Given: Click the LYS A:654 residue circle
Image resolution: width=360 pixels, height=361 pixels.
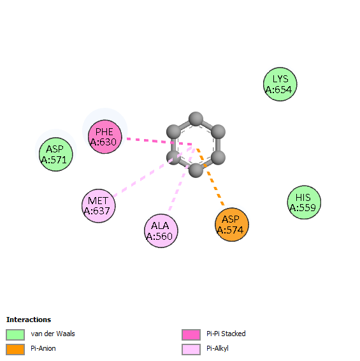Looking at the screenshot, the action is pos(280,84).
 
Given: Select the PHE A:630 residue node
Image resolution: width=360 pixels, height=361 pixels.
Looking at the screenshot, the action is pos(105,136).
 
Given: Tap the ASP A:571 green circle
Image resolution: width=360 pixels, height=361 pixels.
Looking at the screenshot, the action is pos(56,154).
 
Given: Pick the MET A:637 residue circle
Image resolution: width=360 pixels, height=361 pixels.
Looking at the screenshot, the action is pos(99,206).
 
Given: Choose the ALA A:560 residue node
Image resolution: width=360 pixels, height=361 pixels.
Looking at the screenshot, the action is pos(161,231).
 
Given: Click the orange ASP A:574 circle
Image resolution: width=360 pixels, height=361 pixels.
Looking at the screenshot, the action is pos(232,225).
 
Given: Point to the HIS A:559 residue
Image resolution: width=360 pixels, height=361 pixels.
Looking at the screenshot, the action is pos(304,202).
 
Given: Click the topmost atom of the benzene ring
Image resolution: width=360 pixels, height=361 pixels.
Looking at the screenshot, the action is pos(196,119).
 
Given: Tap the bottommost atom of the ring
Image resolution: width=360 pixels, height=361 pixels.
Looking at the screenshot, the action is pos(196,170).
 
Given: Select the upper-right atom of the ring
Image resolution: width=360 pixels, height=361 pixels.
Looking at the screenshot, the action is pos(218,132).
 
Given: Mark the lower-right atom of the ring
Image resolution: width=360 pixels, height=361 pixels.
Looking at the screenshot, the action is pos(218,158).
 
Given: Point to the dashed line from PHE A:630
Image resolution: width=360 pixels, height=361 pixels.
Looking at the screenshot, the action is pos(159,142).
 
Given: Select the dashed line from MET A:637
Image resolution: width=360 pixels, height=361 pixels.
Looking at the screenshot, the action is pos(153,172).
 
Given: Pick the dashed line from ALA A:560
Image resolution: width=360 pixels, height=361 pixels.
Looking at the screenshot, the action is pos(182,179).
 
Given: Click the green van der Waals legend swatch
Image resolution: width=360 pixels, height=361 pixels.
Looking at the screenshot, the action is pos(15,334).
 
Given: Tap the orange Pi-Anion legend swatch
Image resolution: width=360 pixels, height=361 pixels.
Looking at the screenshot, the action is pos(15,350).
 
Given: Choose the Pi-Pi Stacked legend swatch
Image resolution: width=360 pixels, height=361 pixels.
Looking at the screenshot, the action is pos(191,334).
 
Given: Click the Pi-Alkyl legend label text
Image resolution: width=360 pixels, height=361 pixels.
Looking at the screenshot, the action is pos(217,349).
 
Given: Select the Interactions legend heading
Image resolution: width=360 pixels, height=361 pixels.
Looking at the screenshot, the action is pos(29,320).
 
